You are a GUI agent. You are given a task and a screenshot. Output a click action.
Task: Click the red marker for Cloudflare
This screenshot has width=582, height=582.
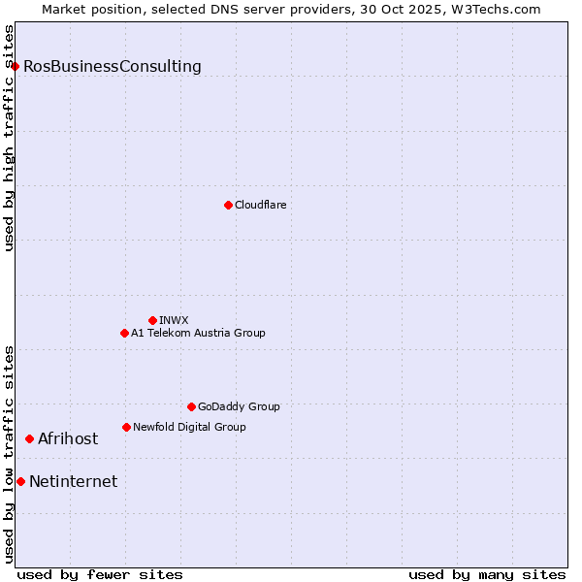[x=228, y=205]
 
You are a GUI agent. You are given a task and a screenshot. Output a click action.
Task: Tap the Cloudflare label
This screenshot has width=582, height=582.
[x=260, y=205]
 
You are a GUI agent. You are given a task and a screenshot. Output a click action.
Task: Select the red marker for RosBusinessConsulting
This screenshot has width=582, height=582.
[x=16, y=66]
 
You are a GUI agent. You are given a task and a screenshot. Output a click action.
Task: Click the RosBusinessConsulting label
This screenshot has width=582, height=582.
[x=113, y=67]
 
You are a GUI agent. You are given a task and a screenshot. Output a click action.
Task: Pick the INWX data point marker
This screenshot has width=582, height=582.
[x=152, y=320]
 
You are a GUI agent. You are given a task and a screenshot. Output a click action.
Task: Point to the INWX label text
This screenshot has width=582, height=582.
[x=174, y=320]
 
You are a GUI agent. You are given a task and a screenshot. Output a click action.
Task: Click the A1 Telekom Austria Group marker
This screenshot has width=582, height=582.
[x=124, y=333]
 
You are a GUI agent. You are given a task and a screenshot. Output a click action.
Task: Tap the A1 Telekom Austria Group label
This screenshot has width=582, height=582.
[x=198, y=333]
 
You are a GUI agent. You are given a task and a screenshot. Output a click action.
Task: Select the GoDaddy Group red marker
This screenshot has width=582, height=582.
[x=191, y=406]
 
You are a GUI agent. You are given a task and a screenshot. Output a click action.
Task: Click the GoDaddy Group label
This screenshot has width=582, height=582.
[x=239, y=406]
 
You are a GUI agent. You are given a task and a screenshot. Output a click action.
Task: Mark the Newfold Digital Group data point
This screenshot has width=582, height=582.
[x=126, y=427]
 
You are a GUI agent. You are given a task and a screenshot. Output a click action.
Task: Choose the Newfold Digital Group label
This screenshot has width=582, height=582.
[x=189, y=427]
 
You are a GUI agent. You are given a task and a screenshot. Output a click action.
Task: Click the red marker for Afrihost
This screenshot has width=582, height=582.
[x=29, y=438]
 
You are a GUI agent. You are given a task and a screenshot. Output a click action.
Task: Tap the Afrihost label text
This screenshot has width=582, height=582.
[x=68, y=439]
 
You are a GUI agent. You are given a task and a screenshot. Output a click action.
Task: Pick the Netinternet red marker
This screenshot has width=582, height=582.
[x=20, y=481]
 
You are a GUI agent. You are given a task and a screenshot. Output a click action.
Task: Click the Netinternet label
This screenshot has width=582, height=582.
[x=74, y=482]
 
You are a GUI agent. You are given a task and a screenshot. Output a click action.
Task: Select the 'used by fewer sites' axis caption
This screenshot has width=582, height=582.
[x=100, y=574]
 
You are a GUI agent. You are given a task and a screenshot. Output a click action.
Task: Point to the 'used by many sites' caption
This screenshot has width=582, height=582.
[x=487, y=574]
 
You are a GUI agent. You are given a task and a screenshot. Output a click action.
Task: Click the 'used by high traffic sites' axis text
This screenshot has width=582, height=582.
[x=9, y=138]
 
